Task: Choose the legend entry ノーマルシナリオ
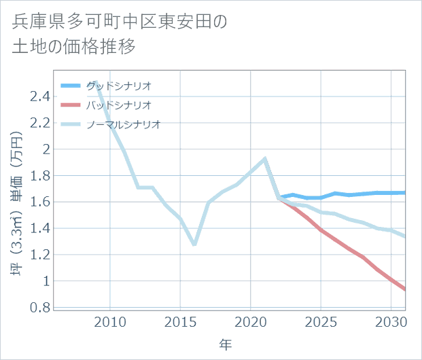pos(122,124)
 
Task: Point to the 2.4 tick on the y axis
pos(39,96)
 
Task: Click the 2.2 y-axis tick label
pos(39,123)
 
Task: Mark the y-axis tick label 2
pos(45,149)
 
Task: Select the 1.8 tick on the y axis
pos(39,176)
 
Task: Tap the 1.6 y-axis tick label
pos(39,202)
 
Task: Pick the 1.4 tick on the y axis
pos(39,229)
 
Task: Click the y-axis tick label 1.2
pos(39,255)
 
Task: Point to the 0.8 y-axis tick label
pos(39,308)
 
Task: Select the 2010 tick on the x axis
pos(110,321)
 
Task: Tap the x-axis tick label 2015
pos(180,321)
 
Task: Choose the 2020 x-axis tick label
pos(251,321)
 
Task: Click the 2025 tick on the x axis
pos(321,321)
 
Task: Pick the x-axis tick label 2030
pos(391,321)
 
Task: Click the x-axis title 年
pos(226,345)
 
